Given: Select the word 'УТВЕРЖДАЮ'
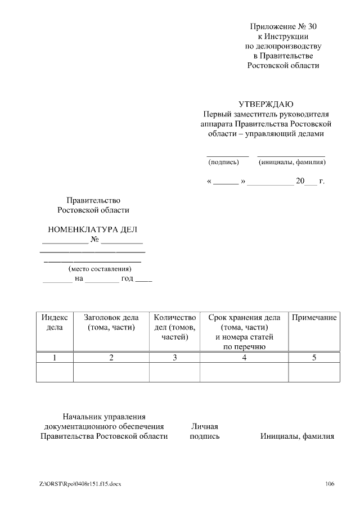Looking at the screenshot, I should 265,104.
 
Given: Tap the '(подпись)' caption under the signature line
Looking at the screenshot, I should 223,163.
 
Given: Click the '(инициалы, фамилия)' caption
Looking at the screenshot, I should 292,163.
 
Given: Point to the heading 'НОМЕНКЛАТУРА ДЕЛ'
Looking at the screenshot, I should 92,229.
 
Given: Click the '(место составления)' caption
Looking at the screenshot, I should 92,269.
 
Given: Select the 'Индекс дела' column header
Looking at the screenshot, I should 55,322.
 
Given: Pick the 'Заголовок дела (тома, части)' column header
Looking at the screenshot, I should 111,322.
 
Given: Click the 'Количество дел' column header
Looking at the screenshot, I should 174,327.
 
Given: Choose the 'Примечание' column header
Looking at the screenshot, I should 314,318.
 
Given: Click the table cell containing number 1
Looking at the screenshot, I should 55,358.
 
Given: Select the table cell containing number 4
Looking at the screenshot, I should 244,358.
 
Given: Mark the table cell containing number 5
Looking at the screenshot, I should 314,358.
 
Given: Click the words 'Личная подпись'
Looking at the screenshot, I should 205,431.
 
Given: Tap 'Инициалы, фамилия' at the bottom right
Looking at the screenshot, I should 297,436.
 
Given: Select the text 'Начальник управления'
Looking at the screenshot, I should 104,417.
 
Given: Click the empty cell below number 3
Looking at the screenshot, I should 174,372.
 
